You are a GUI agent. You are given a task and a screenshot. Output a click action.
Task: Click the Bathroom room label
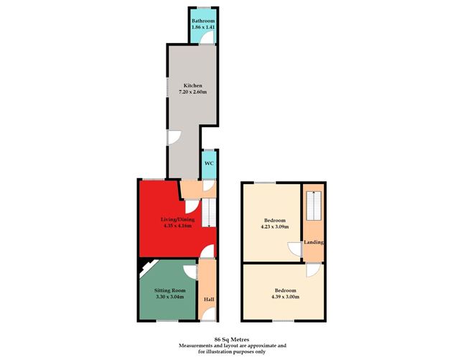point(202,21)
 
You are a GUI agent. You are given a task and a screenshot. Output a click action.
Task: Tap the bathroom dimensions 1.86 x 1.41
point(202,27)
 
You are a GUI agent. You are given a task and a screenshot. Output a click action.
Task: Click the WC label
point(209,164)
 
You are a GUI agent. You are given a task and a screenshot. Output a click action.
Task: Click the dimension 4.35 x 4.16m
point(177,227)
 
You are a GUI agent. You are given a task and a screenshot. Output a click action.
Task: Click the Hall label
point(207,299)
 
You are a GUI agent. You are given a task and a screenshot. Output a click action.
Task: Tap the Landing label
point(313,242)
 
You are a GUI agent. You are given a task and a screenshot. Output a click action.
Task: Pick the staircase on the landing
point(312,207)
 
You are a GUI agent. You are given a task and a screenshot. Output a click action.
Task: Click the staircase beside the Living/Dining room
point(208,213)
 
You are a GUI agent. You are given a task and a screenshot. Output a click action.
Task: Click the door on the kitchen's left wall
point(173,137)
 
